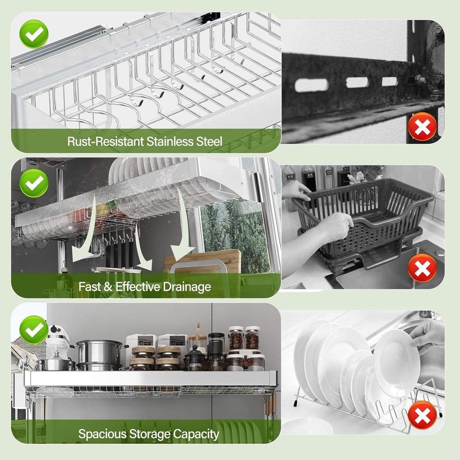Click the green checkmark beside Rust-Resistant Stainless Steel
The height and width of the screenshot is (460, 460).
34,33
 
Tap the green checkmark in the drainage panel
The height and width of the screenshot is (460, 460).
34,183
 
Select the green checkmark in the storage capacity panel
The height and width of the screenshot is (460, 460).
34,330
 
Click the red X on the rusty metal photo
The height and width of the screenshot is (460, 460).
422,126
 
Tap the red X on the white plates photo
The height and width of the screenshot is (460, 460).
422,416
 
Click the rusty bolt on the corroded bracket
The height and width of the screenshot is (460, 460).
420,80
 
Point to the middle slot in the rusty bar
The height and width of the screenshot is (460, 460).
357,82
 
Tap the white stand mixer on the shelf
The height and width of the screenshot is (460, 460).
57,341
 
